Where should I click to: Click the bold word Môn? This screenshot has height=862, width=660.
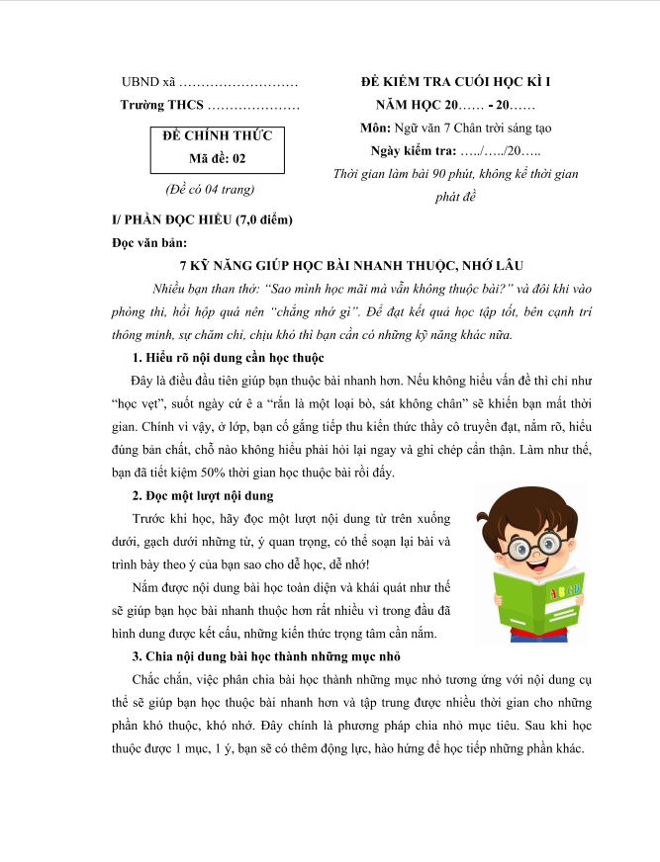point(377,129)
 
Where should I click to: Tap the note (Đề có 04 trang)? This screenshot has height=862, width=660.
point(211,189)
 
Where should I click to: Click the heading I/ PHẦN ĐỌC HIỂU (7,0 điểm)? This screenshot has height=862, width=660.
point(203,219)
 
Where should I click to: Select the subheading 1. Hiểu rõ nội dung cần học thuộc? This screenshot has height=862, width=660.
point(228,357)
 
